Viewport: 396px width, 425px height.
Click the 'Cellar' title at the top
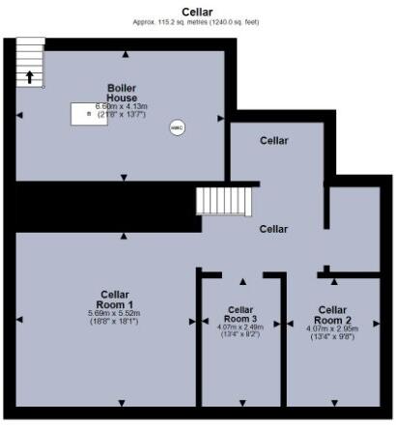point(197,11)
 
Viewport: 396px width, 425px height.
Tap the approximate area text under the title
point(197,21)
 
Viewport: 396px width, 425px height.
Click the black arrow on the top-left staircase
point(30,77)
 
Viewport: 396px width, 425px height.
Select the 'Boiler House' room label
point(123,92)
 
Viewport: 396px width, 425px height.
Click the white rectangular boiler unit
point(88,113)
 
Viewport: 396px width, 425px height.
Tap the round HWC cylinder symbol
point(177,127)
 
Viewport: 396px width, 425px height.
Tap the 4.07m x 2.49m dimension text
point(240,326)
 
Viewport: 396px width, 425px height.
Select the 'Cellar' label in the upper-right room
point(274,141)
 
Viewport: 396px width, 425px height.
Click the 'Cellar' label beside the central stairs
point(273,229)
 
